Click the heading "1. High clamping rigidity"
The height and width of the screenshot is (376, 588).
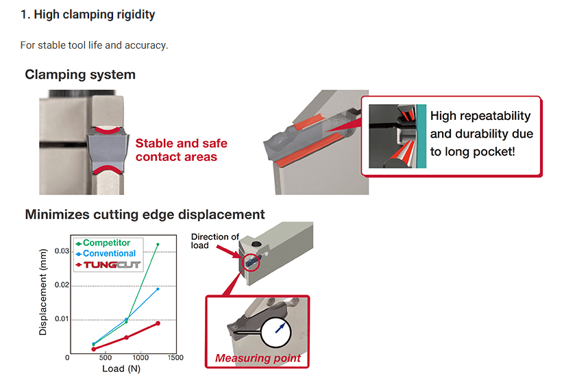[x=88, y=14]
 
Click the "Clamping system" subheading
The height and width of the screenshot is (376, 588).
[x=80, y=74]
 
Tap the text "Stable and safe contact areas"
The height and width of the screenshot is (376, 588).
[x=181, y=150]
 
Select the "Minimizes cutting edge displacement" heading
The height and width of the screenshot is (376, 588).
[x=145, y=214]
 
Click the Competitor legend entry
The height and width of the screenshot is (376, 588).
[x=106, y=242]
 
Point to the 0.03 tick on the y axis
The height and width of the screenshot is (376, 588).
[x=61, y=251]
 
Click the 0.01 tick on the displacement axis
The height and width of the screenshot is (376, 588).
[x=61, y=319]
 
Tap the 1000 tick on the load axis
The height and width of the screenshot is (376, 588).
[x=140, y=358]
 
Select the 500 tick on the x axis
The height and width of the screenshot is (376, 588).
[x=104, y=358]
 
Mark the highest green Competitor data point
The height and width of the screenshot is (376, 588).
[x=158, y=245]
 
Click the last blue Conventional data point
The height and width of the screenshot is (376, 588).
[x=158, y=289]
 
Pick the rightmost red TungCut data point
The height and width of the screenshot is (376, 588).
[x=158, y=323]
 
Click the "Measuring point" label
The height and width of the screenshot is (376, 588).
[x=258, y=358]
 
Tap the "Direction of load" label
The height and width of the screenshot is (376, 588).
[x=215, y=241]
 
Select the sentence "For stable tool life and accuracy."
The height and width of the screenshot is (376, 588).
[x=94, y=45]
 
